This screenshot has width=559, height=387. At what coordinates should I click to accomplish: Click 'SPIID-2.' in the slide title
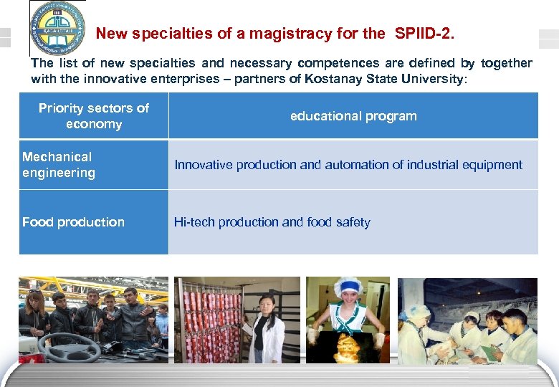424,33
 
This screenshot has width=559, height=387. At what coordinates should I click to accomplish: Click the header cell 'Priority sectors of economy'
94,116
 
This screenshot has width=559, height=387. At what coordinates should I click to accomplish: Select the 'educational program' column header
353,116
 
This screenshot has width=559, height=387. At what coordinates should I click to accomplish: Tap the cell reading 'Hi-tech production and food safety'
272,222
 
